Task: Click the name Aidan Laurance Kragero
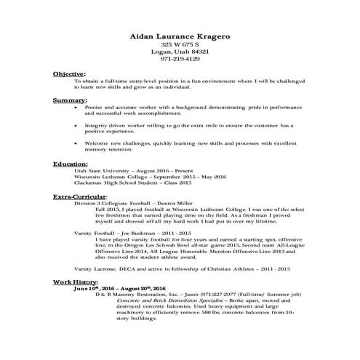[x=180, y=34]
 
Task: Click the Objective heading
[x=69, y=73]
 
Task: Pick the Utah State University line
[x=130, y=171]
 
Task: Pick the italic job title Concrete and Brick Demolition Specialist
[x=147, y=301]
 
